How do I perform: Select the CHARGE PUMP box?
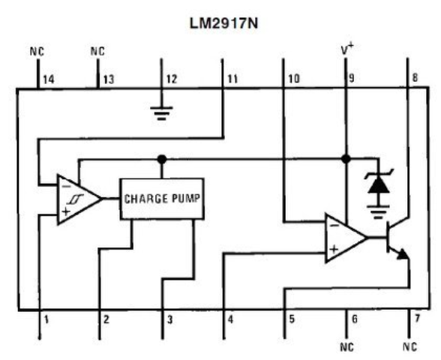163,199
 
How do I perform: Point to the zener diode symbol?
376,186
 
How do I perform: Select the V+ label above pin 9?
347,49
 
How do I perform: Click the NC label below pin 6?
346,347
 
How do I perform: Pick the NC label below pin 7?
409,347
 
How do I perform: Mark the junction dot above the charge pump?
160,159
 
